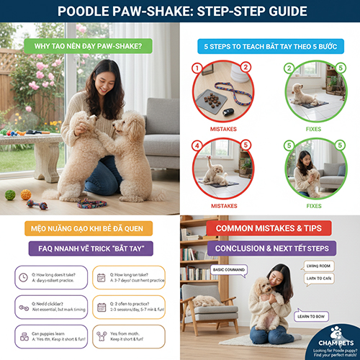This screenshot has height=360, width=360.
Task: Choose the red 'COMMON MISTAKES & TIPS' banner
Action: (269, 229)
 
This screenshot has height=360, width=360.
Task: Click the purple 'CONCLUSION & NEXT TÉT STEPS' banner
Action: (269, 248)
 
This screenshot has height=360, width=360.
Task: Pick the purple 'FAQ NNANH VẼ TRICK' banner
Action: (89, 248)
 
